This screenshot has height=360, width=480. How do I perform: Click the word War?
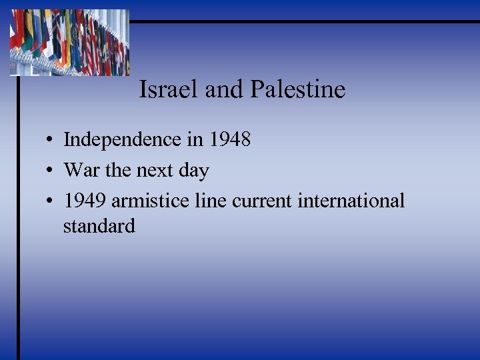tap(82, 171)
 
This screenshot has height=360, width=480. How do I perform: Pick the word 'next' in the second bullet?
tap(156, 171)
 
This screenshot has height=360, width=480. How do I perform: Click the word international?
tap(351, 201)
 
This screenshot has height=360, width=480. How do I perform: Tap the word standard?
tap(99, 226)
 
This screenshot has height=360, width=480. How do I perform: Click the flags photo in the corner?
tap(69, 42)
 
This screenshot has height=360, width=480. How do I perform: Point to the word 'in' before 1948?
tap(195, 140)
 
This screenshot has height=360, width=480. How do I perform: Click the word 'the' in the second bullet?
tap(119, 171)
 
